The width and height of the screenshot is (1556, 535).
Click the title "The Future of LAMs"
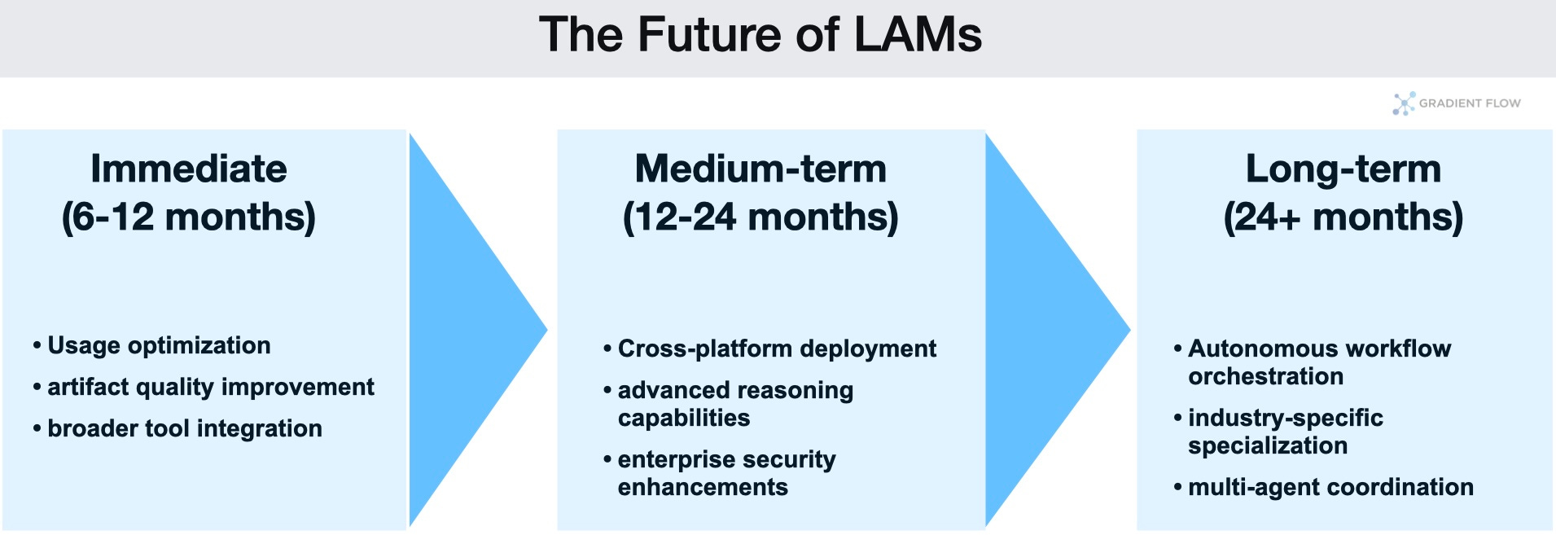point(760,35)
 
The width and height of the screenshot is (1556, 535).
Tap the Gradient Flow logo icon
point(1404,103)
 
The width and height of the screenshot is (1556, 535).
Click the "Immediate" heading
point(189,169)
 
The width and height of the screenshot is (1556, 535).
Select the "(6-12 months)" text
point(189,217)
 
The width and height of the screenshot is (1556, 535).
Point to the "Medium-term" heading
point(760,169)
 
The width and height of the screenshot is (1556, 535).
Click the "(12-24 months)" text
point(760,217)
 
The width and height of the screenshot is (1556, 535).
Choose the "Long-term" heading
point(1343,169)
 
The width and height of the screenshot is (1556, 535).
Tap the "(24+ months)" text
point(1343,217)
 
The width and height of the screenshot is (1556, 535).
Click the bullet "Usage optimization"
point(159,345)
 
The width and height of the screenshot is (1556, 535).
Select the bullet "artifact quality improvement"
point(210,387)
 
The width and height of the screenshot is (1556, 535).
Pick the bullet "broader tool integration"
point(185,428)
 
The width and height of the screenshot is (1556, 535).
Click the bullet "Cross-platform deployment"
point(777,349)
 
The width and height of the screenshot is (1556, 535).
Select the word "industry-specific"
point(1286,418)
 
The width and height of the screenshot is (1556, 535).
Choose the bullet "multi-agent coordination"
point(1330,487)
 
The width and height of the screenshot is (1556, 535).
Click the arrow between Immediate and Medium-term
point(464,330)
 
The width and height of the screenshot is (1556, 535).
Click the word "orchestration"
point(1265,376)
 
